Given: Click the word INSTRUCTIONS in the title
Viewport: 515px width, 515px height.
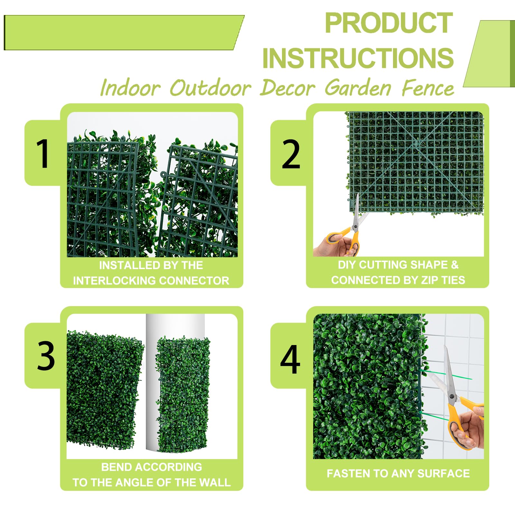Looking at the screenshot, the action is click(x=358, y=58).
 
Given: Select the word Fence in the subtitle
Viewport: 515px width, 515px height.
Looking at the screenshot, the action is click(x=428, y=88).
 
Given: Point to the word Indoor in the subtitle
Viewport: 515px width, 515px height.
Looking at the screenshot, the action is click(x=130, y=88).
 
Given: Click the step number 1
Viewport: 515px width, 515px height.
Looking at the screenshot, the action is click(x=43, y=154).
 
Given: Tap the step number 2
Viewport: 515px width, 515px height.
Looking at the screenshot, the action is click(x=291, y=154).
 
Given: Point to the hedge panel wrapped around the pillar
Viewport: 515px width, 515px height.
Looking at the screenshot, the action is click(x=183, y=394).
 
